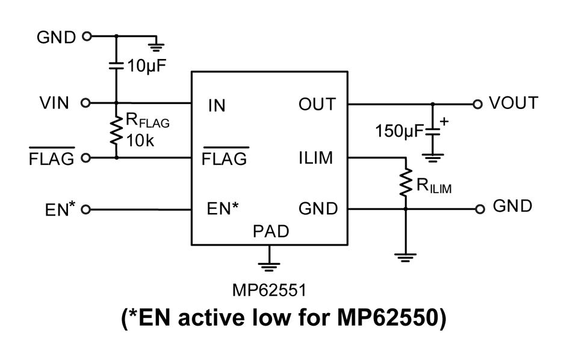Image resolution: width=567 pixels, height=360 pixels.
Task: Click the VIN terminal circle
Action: pyautogui.click(x=85, y=103)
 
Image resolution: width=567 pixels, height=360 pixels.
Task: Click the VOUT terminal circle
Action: pyautogui.click(x=478, y=104)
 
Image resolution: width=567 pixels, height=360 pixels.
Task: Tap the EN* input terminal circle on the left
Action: pyautogui.click(x=85, y=209)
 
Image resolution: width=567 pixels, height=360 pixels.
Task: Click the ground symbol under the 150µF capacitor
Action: pyautogui.click(x=433, y=158)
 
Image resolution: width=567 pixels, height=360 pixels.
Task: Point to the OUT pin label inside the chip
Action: pyautogui.click(x=317, y=104)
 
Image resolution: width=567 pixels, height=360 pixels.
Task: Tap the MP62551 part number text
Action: pyautogui.click(x=270, y=290)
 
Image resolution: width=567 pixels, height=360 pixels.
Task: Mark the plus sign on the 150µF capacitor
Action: pyautogui.click(x=444, y=121)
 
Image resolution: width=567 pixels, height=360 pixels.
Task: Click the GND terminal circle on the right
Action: pyautogui.click(x=479, y=209)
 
